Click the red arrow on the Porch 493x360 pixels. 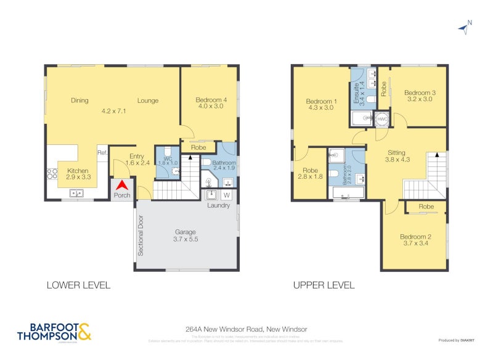(x=122, y=185)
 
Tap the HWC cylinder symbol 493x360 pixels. (x=382, y=118)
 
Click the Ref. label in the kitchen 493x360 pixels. (x=102, y=153)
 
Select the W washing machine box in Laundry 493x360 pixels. (x=226, y=195)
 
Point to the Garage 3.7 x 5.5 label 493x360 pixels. (x=185, y=235)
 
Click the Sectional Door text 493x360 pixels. (x=141, y=235)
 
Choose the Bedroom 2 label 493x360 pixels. (x=415, y=240)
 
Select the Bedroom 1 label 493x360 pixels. (x=321, y=104)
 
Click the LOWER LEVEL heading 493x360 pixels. (x=78, y=285)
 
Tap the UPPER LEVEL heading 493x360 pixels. (x=324, y=285)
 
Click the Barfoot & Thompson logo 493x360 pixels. (x=54, y=332)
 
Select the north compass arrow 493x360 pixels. (x=463, y=27)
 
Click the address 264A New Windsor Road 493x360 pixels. (x=246, y=330)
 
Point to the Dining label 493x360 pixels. (x=79, y=100)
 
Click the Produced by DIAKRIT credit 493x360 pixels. (x=457, y=340)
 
